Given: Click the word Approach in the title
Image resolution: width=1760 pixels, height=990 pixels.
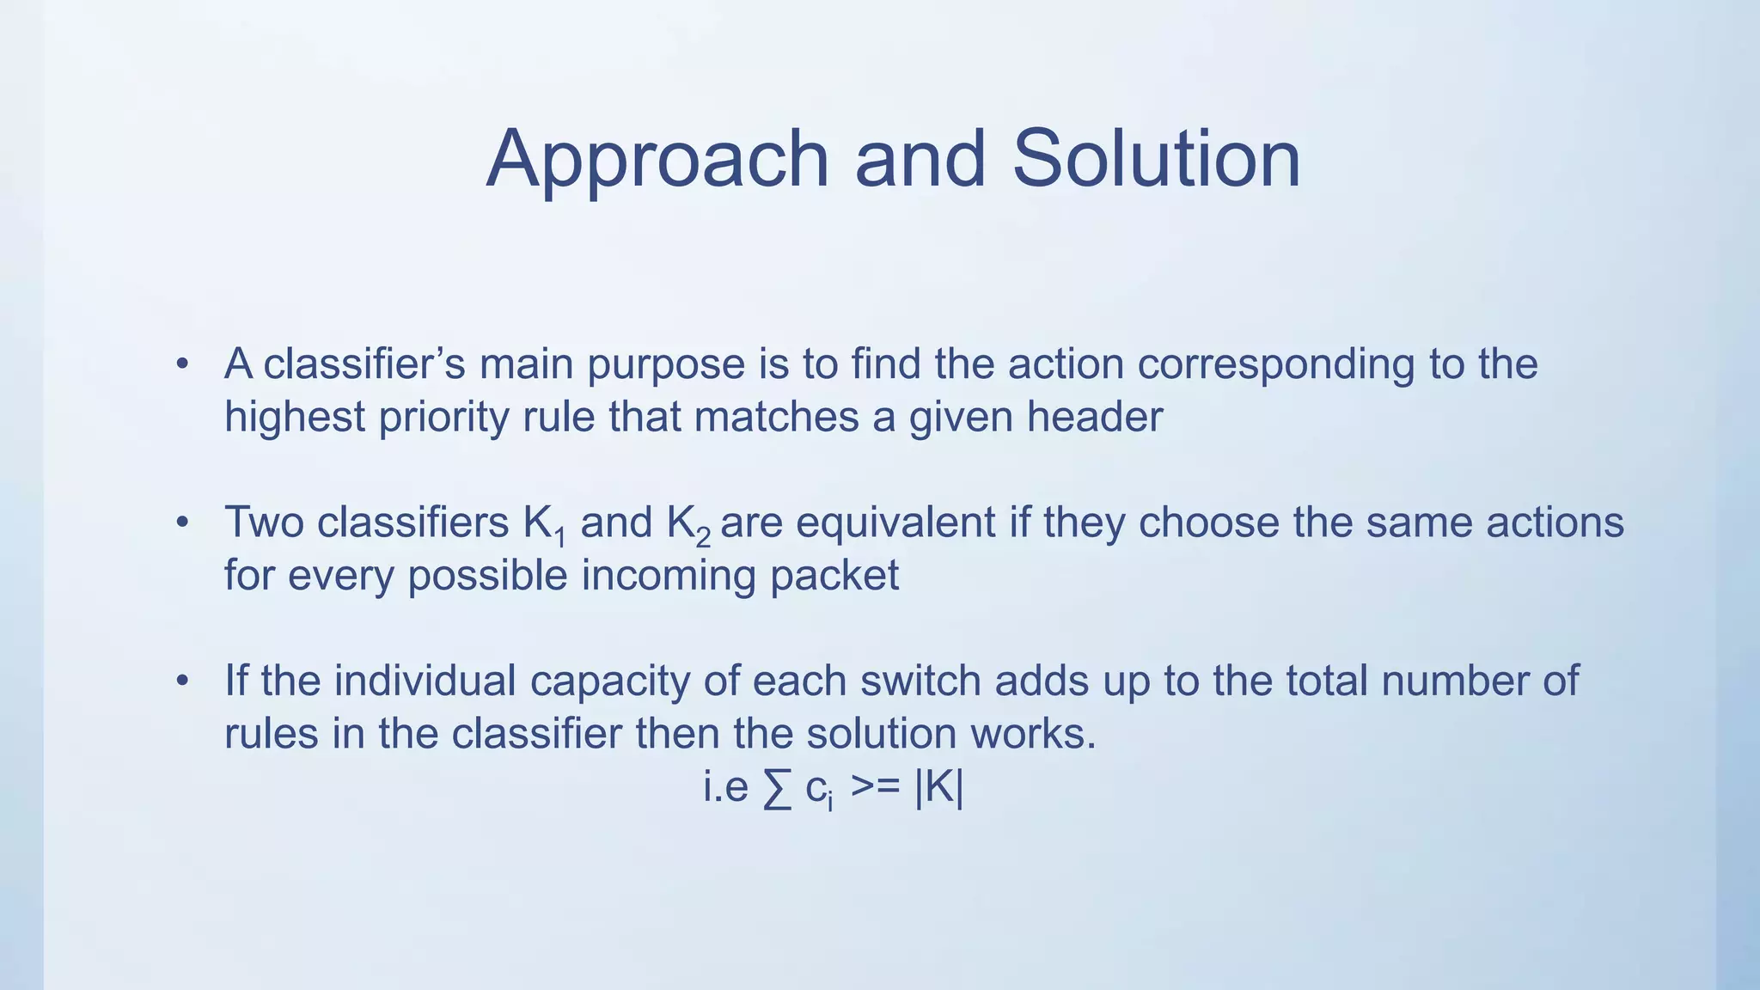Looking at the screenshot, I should (657, 161).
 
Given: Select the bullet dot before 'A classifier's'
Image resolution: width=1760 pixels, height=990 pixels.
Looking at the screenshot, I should (181, 364).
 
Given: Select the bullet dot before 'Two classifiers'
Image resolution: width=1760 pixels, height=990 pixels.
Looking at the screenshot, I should (181, 522).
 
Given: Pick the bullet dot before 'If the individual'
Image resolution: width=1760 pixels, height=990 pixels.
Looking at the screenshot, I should (181, 681).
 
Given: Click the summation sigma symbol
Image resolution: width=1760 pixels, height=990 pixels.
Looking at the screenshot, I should (776, 789).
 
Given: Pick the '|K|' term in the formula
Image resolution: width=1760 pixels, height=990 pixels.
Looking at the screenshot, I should (938, 787).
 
